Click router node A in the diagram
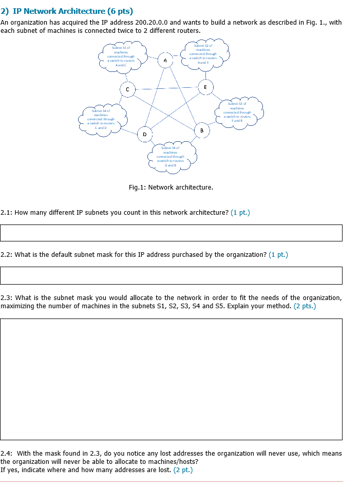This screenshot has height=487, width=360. tap(165, 60)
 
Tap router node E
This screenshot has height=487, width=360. tap(205, 87)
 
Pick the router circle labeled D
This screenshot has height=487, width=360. tap(144, 135)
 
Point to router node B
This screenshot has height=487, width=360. tap(202, 130)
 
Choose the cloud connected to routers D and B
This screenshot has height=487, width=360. tap(170, 157)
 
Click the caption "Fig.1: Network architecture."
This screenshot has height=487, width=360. tap(171, 187)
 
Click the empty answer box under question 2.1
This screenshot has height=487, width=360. tap(171, 233)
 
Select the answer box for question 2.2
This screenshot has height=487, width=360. tap(171, 275)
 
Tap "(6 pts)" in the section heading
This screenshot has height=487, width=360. tap(120, 11)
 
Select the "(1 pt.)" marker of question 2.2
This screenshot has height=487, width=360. tap(278, 254)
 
